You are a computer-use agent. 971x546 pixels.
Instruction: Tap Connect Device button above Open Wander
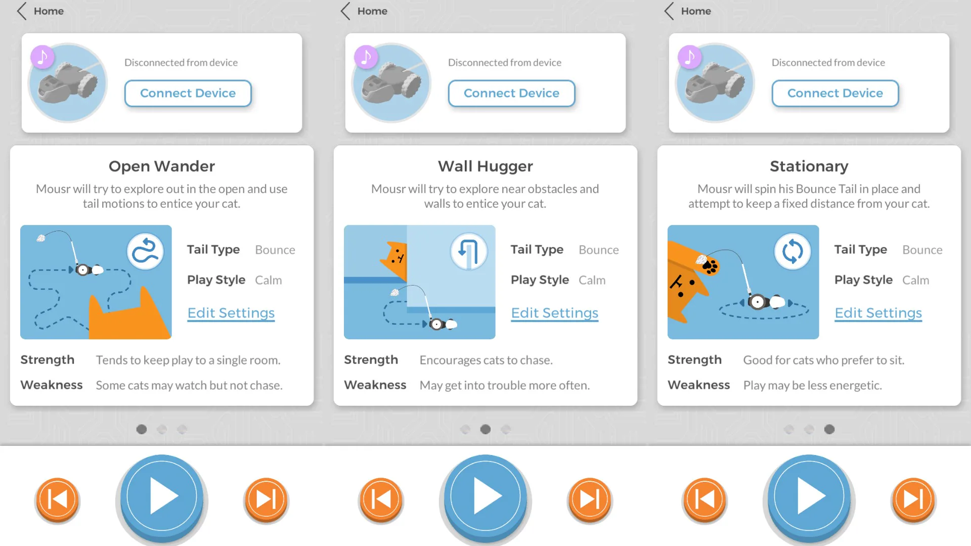(x=188, y=94)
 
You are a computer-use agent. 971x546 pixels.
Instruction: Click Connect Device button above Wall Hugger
(x=511, y=94)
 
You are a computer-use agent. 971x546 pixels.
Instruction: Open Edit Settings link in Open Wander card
(x=231, y=313)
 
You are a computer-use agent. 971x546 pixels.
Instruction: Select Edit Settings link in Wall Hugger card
(x=555, y=313)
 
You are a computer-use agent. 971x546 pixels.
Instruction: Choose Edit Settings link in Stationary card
(x=878, y=313)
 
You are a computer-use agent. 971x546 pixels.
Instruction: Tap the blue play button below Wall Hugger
(x=485, y=497)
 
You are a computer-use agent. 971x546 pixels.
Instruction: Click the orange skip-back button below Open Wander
(x=57, y=499)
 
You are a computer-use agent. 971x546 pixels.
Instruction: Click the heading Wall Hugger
(x=485, y=166)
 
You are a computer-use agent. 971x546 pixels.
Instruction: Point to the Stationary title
(x=809, y=166)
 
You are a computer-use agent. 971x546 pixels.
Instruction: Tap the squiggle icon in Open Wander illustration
(x=145, y=251)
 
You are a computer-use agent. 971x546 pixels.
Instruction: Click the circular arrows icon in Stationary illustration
(x=792, y=251)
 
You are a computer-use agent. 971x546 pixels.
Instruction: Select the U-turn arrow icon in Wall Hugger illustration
(x=469, y=251)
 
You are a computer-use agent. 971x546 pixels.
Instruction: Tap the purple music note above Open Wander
(x=42, y=57)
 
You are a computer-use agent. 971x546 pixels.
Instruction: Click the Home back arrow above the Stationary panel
(x=669, y=11)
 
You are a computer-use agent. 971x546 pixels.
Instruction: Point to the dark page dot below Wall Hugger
(x=485, y=429)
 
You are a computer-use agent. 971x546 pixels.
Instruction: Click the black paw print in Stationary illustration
(x=711, y=266)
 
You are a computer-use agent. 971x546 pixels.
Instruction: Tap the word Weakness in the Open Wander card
(x=52, y=385)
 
